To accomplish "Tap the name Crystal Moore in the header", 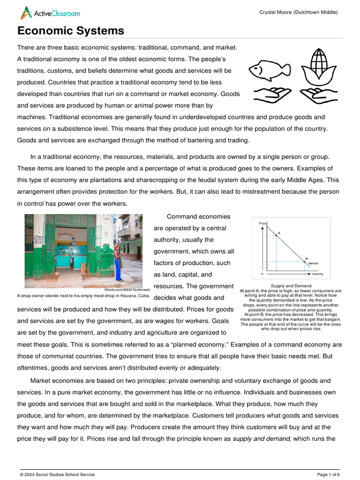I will click(x=276, y=12).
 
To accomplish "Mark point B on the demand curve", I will click(x=307, y=261).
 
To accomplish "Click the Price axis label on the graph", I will click(x=262, y=223).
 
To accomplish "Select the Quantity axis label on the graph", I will click(x=317, y=274).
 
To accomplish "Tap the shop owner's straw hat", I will click(x=117, y=246).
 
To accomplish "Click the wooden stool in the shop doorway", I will click(x=83, y=268).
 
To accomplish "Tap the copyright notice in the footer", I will click(x=57, y=474).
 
